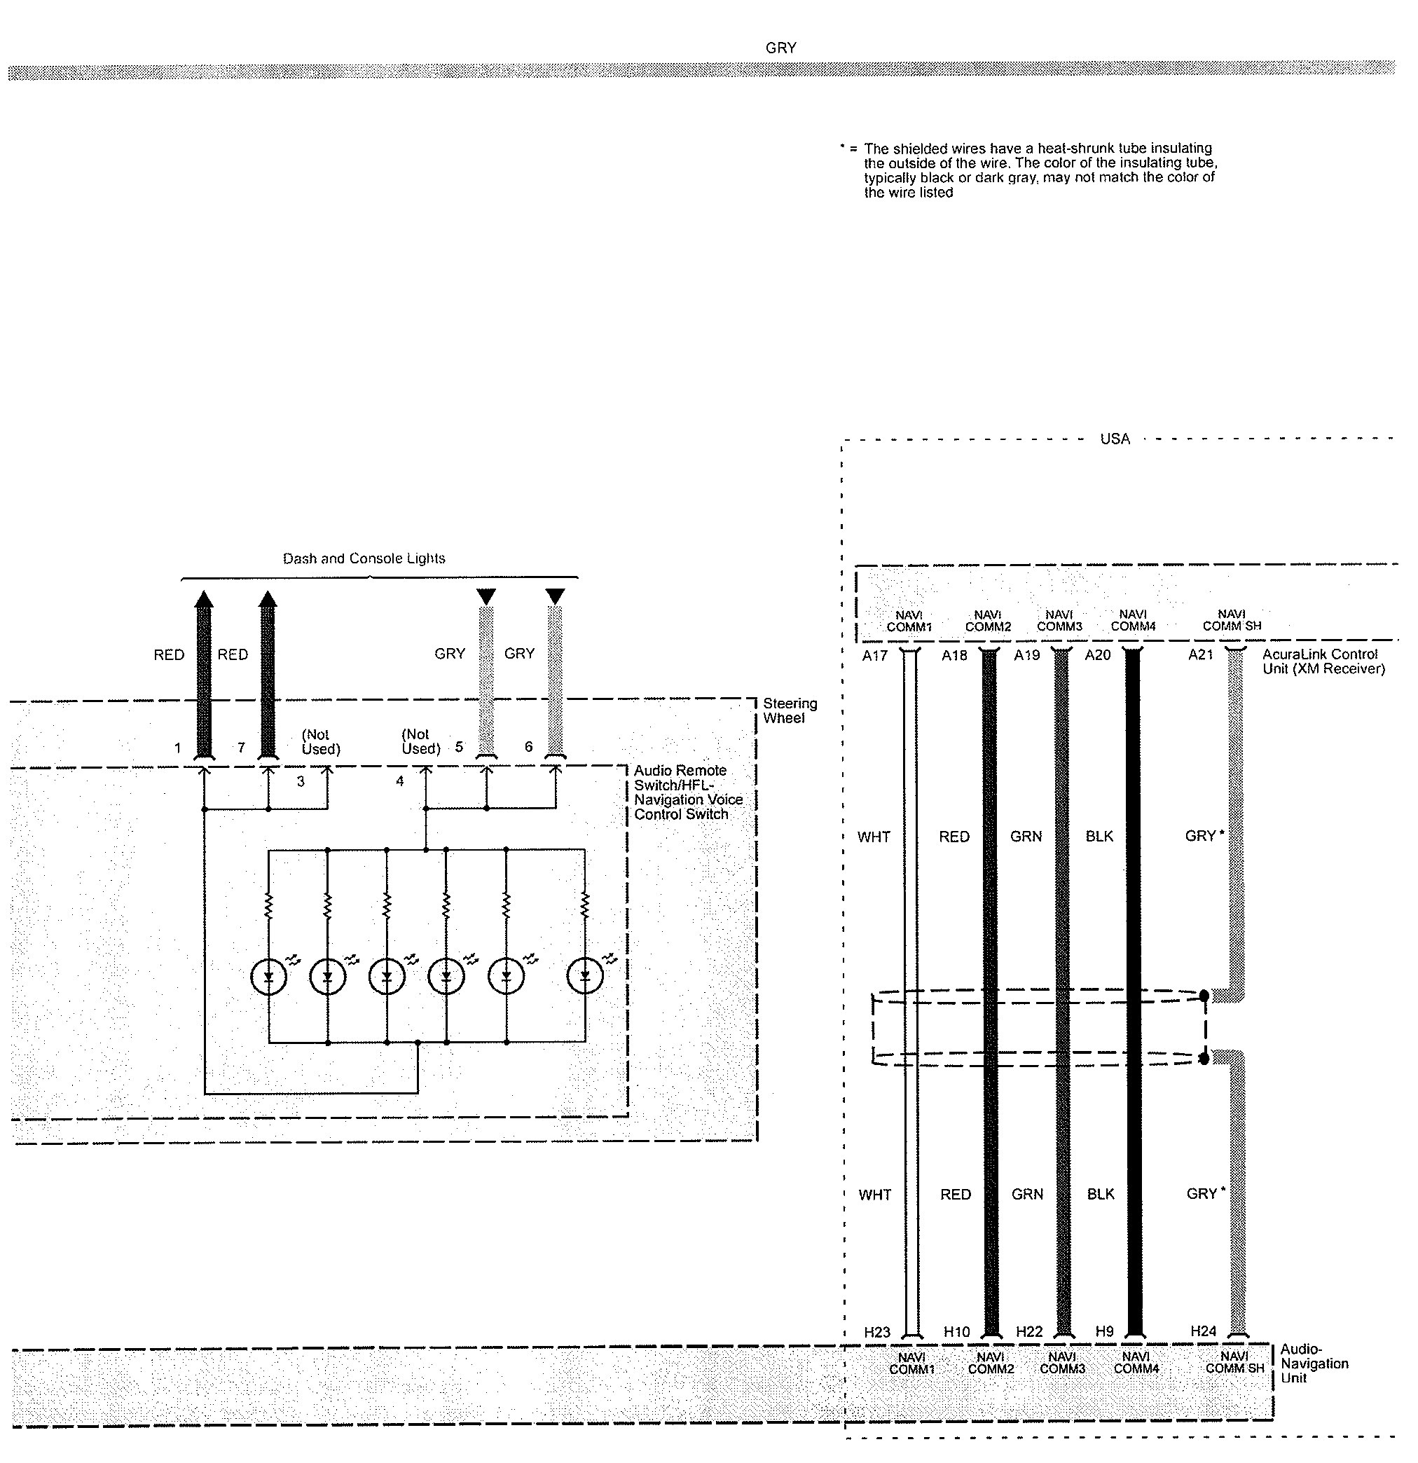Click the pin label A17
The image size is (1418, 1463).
(x=874, y=655)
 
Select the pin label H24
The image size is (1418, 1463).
(x=1203, y=1330)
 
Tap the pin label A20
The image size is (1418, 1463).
(x=1097, y=655)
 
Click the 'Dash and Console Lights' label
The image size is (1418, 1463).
(x=364, y=558)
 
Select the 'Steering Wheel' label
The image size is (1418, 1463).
(x=789, y=710)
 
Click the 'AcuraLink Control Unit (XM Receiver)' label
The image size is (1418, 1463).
(x=1323, y=661)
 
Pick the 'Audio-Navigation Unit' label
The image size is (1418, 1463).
(x=1314, y=1363)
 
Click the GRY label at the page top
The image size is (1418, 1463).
(x=780, y=48)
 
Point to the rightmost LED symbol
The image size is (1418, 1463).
(x=585, y=976)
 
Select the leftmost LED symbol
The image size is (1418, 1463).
(x=268, y=976)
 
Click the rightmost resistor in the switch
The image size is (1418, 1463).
(x=585, y=905)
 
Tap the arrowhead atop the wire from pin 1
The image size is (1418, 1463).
(x=203, y=598)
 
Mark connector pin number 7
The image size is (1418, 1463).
(x=241, y=747)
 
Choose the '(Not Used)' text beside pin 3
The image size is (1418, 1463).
(x=320, y=742)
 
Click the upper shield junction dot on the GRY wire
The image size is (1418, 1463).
(x=1204, y=995)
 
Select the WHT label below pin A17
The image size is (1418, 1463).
(x=873, y=837)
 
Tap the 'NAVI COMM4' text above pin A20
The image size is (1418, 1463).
(x=1133, y=620)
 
